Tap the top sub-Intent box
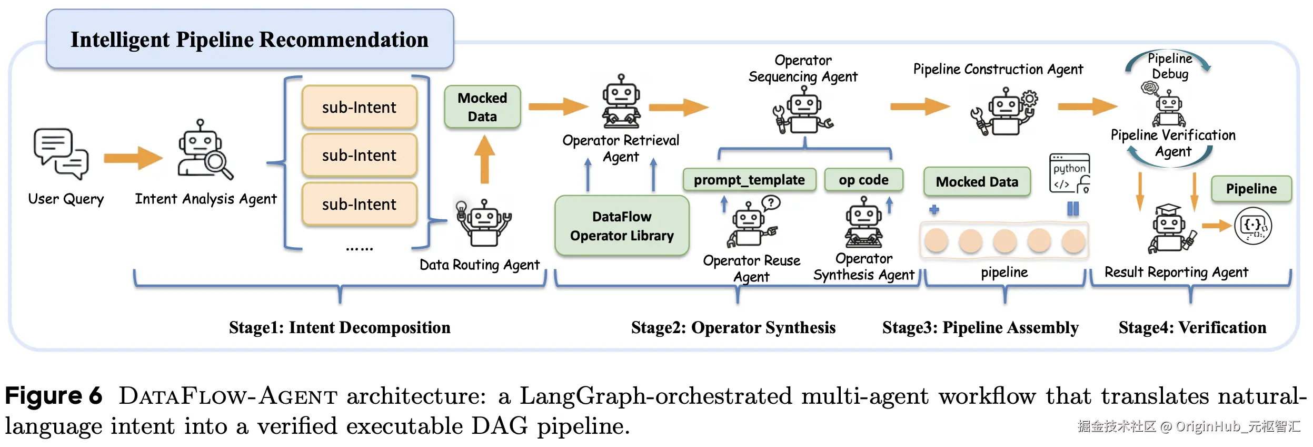(360, 107)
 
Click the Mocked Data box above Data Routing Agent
(482, 107)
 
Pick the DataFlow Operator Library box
(622, 226)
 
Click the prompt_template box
(749, 180)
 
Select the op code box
(863, 180)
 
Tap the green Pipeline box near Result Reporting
(1251, 189)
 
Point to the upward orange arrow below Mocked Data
(484, 159)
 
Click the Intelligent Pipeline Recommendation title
(250, 40)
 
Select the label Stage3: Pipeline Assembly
(980, 327)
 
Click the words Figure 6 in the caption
(53, 396)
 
